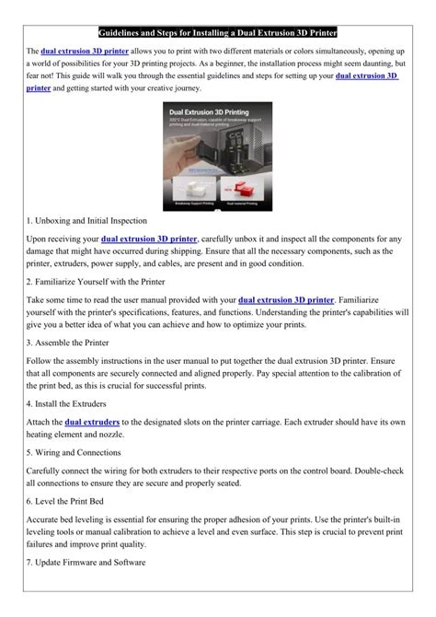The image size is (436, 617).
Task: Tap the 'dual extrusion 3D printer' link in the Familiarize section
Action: [x=285, y=298]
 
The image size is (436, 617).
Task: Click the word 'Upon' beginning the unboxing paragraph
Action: [x=40, y=239]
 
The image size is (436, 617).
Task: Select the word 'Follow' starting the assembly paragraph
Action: [x=42, y=359]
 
